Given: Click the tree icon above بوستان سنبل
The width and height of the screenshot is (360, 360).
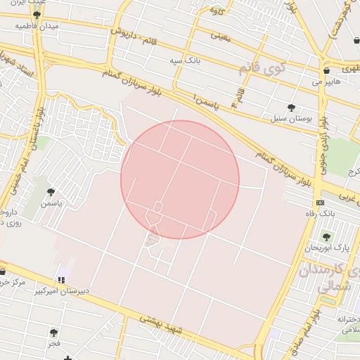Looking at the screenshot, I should tap(291, 108).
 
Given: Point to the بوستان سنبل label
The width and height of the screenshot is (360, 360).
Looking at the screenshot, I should tap(288, 118).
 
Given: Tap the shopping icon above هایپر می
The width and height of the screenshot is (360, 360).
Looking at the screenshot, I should tap(327, 71).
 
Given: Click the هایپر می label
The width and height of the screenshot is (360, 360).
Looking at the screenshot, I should tap(327, 82).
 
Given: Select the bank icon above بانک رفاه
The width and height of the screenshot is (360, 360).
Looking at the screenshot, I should tap(321, 202).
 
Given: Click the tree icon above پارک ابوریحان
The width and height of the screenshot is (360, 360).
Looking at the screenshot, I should tap(326, 237).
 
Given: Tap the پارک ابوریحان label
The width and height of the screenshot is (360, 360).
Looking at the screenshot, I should tap(327, 247).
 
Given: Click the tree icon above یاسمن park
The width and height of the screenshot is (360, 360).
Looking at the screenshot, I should tap(51, 192).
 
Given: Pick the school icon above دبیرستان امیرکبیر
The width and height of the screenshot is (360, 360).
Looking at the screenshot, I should tap(63, 279).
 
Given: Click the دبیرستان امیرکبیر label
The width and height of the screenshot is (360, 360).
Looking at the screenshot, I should tap(63, 290).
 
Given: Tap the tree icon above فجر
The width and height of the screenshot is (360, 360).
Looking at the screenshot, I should tap(54, 332).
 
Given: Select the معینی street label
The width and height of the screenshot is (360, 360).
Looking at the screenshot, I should tap(219, 35).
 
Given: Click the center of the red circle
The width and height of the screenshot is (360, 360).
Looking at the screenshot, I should tap(180, 179).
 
